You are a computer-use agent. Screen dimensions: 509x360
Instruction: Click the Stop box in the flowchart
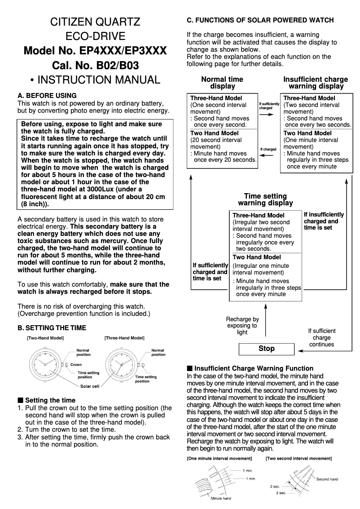pyautogui.click(x=266, y=349)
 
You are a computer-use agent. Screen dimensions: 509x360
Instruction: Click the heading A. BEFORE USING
pyautogui.click(x=47, y=96)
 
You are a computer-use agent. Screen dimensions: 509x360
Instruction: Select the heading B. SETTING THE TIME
pyautogui.click(x=51, y=328)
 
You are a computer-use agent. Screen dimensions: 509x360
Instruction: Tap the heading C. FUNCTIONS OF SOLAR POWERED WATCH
pyautogui.click(x=260, y=20)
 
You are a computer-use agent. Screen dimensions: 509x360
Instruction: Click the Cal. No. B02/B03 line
pyautogui.click(x=95, y=66)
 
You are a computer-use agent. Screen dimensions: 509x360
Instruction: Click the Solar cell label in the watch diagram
pyautogui.click(x=90, y=386)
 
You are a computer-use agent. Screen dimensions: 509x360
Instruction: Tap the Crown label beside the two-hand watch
pyautogui.click(x=76, y=365)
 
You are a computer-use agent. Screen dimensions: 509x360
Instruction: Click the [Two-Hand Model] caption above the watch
pyautogui.click(x=45, y=337)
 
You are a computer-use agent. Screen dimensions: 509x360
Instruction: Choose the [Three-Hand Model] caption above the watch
pyautogui.click(x=124, y=337)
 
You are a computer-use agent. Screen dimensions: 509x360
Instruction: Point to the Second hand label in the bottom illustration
pyautogui.click(x=327, y=479)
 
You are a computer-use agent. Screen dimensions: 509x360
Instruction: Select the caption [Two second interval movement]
pyautogui.click(x=299, y=459)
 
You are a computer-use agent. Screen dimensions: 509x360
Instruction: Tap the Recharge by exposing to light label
pyautogui.click(x=242, y=326)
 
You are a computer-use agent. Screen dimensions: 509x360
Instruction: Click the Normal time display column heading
pyautogui.click(x=222, y=83)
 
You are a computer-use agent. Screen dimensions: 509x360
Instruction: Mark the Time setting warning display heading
pyautogui.click(x=265, y=199)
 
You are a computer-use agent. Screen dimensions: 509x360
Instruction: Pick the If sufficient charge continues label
pyautogui.click(x=321, y=337)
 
